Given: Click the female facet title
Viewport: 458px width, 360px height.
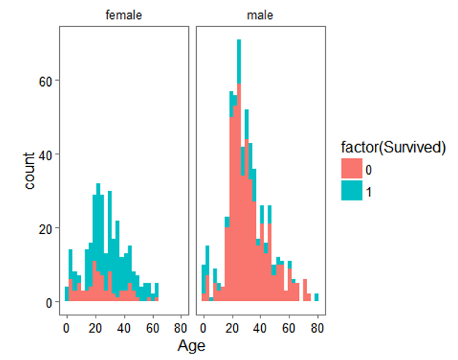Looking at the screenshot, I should click(x=123, y=15).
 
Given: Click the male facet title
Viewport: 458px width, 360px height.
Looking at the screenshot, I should click(x=260, y=15).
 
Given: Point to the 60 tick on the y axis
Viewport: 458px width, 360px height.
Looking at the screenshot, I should click(x=45, y=80).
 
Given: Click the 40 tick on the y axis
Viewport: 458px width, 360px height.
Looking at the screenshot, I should click(x=45, y=154).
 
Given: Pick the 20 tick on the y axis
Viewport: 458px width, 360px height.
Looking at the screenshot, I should click(x=45, y=228).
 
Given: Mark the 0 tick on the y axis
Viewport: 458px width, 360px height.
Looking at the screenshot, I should click(x=48, y=302).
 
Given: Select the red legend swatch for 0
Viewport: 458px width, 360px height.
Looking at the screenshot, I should click(x=353, y=168).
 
